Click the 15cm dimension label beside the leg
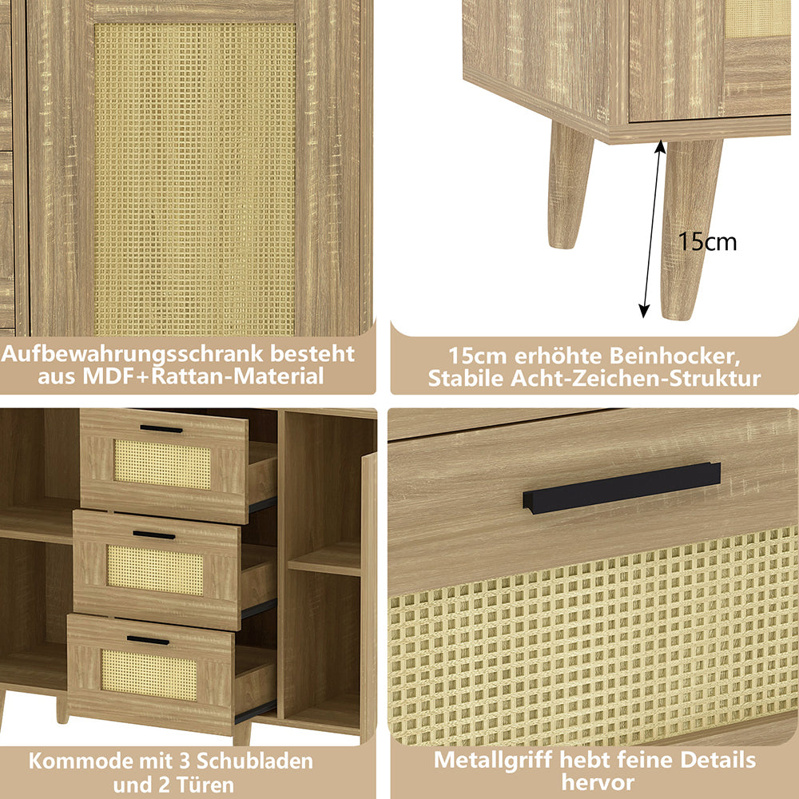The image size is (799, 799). pos(707,241)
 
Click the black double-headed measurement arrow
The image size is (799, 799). pos(652,229)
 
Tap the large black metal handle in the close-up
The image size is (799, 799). pos(621,487)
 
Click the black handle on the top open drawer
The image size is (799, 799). pos(161,429)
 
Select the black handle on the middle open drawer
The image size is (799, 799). pos(154,535)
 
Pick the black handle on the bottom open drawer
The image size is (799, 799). pos(148,641)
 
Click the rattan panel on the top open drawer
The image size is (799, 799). pos(162,464)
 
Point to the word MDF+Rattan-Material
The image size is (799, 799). pos(203,376)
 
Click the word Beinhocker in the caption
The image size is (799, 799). pos(674,356)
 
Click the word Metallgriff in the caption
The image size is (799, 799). pos(493,761)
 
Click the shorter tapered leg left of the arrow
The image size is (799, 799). pos(569,186)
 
